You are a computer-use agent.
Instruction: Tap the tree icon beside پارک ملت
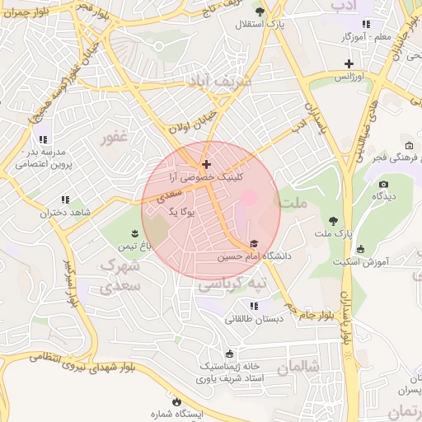tap(333, 221)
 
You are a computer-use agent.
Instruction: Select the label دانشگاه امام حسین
tap(242, 258)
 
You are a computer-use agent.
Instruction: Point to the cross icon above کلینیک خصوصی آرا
tap(206, 165)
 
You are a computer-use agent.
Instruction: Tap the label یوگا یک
tap(181, 212)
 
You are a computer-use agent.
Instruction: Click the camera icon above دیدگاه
tap(383, 184)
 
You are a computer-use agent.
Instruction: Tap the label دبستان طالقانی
tap(256, 318)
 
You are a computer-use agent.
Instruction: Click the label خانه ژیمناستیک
tap(229, 365)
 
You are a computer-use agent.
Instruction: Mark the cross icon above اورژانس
tap(349, 63)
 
